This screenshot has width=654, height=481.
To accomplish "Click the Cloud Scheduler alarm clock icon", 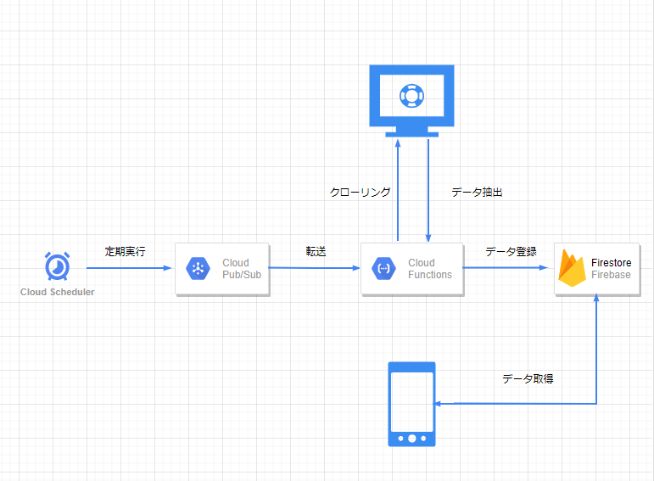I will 57,266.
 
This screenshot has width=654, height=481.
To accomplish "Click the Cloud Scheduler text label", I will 58,292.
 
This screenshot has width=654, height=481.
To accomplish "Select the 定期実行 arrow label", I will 125,252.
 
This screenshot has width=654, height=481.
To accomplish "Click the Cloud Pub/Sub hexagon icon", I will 197,269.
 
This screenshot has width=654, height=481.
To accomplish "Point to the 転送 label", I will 316,252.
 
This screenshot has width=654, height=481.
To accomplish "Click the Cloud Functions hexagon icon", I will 383,269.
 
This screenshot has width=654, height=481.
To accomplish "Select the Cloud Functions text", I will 430,269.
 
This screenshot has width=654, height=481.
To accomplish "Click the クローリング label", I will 361,193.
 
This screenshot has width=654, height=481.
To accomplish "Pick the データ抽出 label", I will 477,193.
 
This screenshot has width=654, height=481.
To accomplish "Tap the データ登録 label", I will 511,252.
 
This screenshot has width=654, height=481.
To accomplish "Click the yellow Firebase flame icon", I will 573,268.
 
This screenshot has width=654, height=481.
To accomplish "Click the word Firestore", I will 611,263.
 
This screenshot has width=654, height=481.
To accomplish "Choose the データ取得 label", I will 528,379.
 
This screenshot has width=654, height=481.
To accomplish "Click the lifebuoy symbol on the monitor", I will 411,95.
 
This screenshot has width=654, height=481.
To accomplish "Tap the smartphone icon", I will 411,404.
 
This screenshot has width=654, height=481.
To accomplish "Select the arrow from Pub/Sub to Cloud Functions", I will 314,268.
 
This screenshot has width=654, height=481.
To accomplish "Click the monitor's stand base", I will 412,133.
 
